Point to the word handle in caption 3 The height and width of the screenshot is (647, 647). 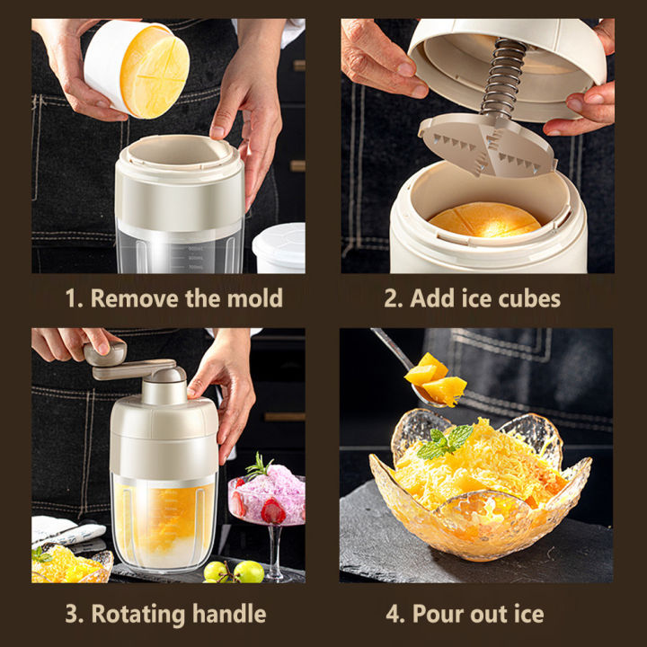229,615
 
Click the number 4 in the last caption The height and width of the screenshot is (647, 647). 393,615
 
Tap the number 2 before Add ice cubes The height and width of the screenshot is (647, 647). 393,298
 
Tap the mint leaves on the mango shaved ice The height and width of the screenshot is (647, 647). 445,441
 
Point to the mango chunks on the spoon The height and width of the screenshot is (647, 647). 437,377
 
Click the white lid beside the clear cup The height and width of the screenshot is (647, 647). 279,246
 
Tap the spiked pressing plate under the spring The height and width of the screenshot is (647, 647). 485,148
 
